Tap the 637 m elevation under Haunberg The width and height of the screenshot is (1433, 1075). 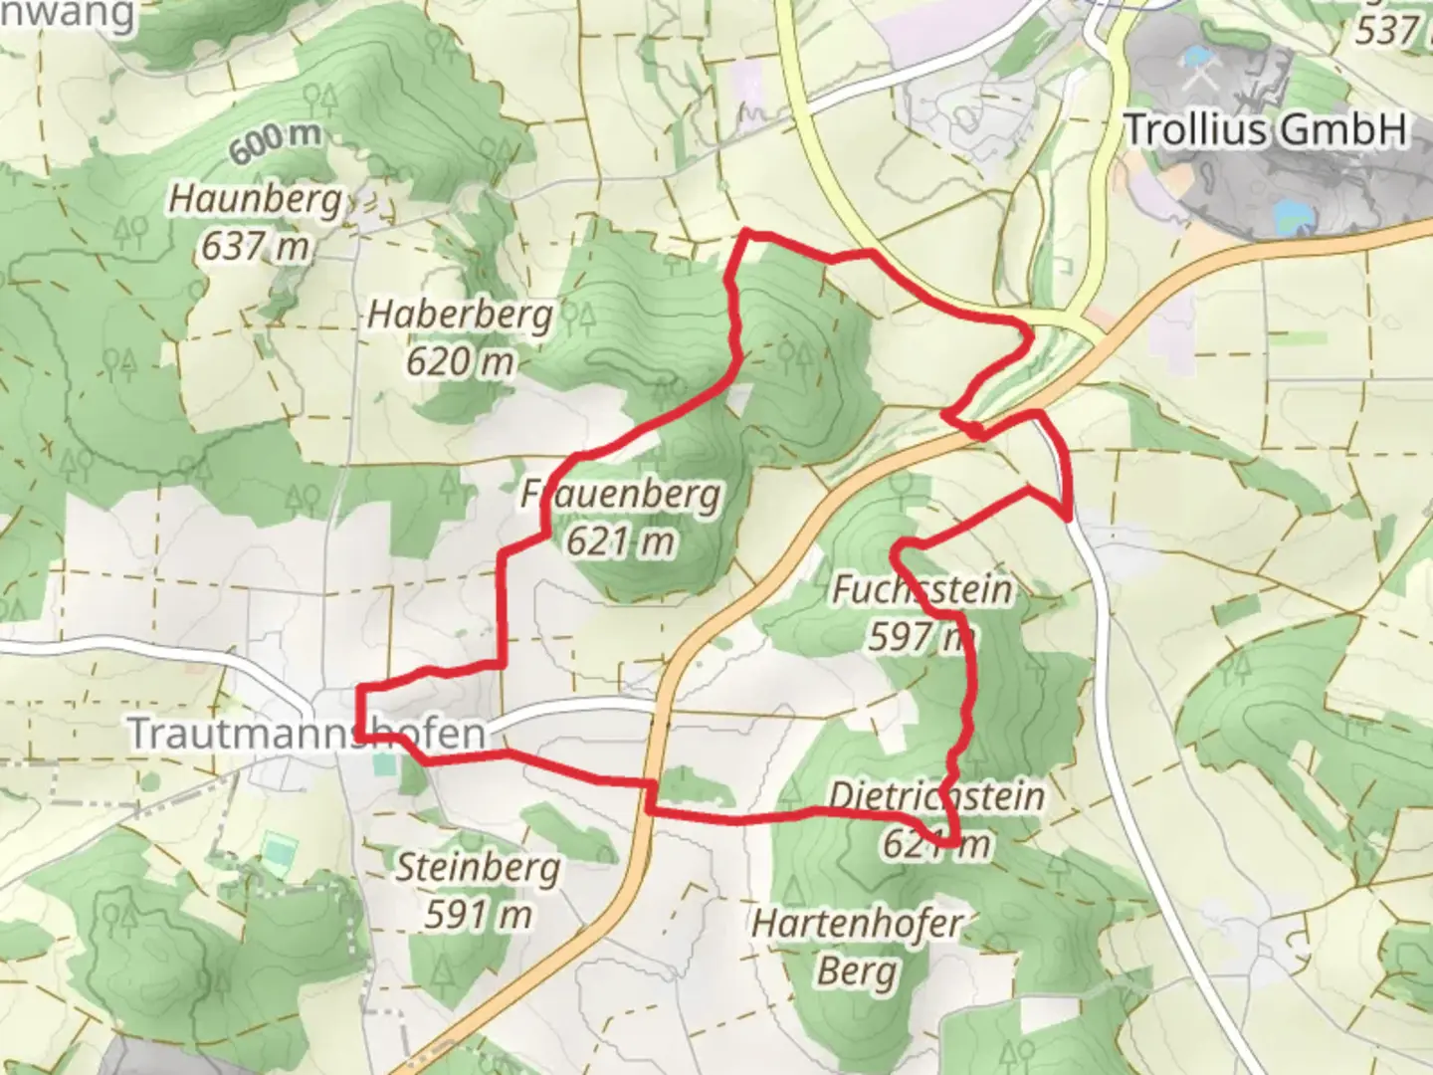(255, 245)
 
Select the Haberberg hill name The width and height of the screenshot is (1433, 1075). (460, 315)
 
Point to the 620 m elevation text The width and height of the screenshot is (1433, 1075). (460, 360)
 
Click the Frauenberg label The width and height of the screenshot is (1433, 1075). (621, 494)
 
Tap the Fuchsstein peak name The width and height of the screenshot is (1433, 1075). (921, 589)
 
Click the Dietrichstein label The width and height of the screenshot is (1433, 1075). (936, 796)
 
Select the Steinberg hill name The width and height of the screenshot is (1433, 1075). (479, 868)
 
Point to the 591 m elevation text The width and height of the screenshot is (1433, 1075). (479, 914)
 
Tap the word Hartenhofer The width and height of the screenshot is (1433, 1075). (857, 924)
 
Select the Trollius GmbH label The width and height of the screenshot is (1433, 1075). (1266, 129)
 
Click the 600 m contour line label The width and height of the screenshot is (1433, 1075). (276, 142)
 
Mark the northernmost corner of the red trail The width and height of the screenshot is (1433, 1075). (747, 233)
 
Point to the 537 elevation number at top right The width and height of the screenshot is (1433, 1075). (1386, 30)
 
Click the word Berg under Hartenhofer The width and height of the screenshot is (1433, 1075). (857, 969)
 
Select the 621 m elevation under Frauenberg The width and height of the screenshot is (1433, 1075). (621, 540)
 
